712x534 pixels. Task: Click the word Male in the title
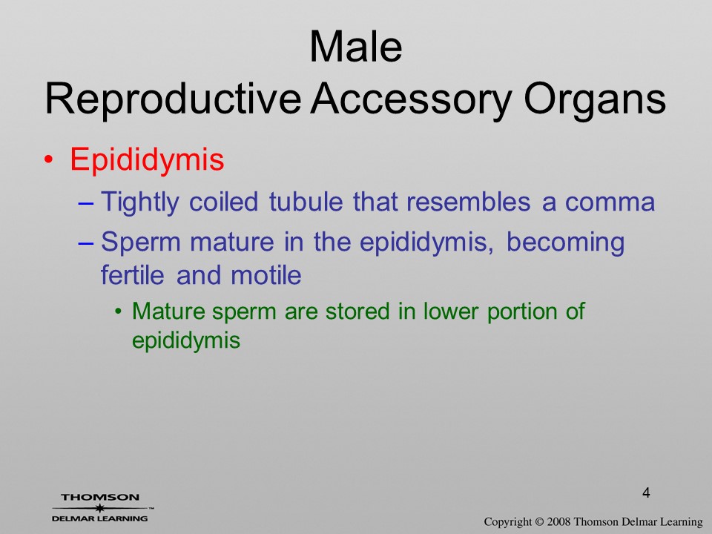[356, 46]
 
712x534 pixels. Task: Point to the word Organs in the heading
[595, 100]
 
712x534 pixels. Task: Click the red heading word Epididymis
[147, 160]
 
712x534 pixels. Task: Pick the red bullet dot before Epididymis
[49, 160]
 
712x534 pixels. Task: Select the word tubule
[306, 202]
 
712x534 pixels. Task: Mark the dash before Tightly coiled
[86, 203]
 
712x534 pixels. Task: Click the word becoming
[565, 243]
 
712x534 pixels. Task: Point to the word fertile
[132, 275]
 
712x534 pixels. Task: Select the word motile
[266, 275]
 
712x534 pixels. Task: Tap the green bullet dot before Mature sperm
[119, 312]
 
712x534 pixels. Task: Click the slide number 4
[646, 492]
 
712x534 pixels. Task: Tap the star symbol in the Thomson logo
[100, 508]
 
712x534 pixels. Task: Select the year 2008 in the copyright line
[558, 522]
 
